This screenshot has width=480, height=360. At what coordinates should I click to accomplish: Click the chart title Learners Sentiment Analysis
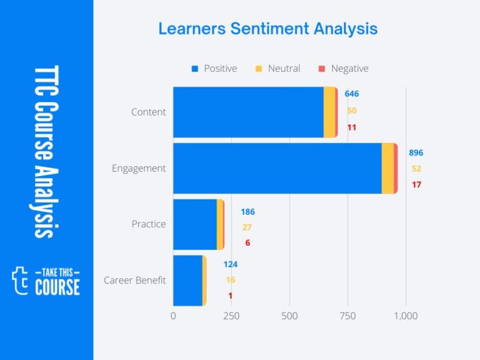pos(268,29)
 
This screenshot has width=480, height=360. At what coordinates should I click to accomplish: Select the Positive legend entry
pos(215,68)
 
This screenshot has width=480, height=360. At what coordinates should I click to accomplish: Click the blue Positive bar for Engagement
pos(277,168)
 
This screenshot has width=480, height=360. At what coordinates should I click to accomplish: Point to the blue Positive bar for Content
pos(248,112)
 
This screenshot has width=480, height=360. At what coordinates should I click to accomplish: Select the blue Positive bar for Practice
pos(195,225)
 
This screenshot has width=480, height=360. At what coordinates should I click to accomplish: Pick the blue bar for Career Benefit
pos(187,280)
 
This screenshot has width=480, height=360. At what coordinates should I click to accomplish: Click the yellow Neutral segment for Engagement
pos(388,168)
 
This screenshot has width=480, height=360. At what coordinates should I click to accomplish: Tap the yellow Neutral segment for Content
pos(329,112)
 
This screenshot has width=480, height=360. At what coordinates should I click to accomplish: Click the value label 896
pos(416,153)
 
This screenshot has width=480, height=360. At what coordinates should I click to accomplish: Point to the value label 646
pos(352,94)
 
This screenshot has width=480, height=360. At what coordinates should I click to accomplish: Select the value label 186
pos(247,212)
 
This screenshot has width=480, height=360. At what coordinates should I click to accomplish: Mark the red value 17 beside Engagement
pos(417,185)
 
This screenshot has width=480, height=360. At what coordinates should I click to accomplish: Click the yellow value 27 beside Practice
pos(247,227)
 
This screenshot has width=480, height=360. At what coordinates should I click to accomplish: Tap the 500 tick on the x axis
pos(290,316)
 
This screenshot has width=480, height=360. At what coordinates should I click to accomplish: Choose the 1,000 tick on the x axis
pos(406,316)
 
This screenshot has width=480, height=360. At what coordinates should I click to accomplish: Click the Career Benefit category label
pos(135,280)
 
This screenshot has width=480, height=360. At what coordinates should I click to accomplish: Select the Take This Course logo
pos(47,280)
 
